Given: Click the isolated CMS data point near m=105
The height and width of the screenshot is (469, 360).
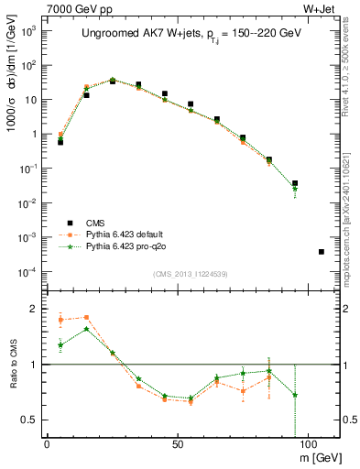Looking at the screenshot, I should tap(321, 251).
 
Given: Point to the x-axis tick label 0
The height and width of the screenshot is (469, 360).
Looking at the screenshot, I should tap(47, 443).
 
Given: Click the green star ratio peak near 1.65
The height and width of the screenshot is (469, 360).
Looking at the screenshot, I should tap(86, 329).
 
